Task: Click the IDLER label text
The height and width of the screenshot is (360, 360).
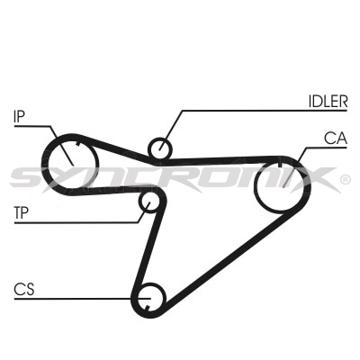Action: point(328,102)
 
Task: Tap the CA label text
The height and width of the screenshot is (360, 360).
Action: point(336,139)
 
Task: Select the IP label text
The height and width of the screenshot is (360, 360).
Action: point(19,116)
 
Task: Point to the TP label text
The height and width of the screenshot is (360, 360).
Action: point(21,212)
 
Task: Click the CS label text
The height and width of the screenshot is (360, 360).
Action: point(24,289)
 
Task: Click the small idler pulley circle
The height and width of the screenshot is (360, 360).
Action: point(160,148)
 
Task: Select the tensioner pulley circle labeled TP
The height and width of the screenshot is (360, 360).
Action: point(149,202)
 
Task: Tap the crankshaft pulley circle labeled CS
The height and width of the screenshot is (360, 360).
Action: point(149,299)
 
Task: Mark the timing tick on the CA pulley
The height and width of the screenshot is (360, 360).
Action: point(280,164)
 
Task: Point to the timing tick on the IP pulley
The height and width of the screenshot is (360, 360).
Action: point(79,143)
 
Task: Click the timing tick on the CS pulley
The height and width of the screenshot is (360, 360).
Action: point(147,307)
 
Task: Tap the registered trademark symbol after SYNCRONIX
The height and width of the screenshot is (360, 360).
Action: point(345,179)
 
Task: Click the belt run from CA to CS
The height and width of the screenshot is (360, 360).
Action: point(228,258)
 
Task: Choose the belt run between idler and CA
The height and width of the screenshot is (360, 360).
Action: point(222,160)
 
